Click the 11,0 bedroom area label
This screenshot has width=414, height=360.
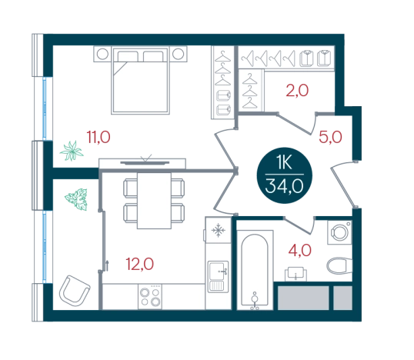(x=98, y=137)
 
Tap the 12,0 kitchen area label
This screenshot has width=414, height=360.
(x=139, y=264)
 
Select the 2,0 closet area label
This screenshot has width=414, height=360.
(x=297, y=91)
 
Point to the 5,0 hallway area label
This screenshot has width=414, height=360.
(x=330, y=137)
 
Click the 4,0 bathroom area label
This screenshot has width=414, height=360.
(x=299, y=251)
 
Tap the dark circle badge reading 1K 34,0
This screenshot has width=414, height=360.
(x=285, y=175)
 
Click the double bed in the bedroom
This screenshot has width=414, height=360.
(x=141, y=80)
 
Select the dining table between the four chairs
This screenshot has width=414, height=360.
(x=154, y=201)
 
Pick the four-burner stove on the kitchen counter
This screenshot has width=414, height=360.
(x=150, y=297)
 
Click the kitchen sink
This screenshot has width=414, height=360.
(x=218, y=277)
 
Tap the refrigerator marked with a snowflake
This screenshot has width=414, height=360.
(x=218, y=230)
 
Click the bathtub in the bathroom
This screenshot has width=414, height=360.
(x=255, y=270)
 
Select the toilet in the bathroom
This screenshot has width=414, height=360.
(x=339, y=265)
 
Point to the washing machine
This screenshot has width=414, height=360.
(x=339, y=232)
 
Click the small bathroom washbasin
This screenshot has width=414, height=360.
(x=295, y=274)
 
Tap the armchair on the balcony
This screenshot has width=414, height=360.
(x=75, y=291)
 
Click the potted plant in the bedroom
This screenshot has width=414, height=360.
(x=72, y=151)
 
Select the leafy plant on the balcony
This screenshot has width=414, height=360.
(x=77, y=199)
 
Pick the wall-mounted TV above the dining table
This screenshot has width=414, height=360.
(x=145, y=162)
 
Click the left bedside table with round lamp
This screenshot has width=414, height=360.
(x=102, y=54)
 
